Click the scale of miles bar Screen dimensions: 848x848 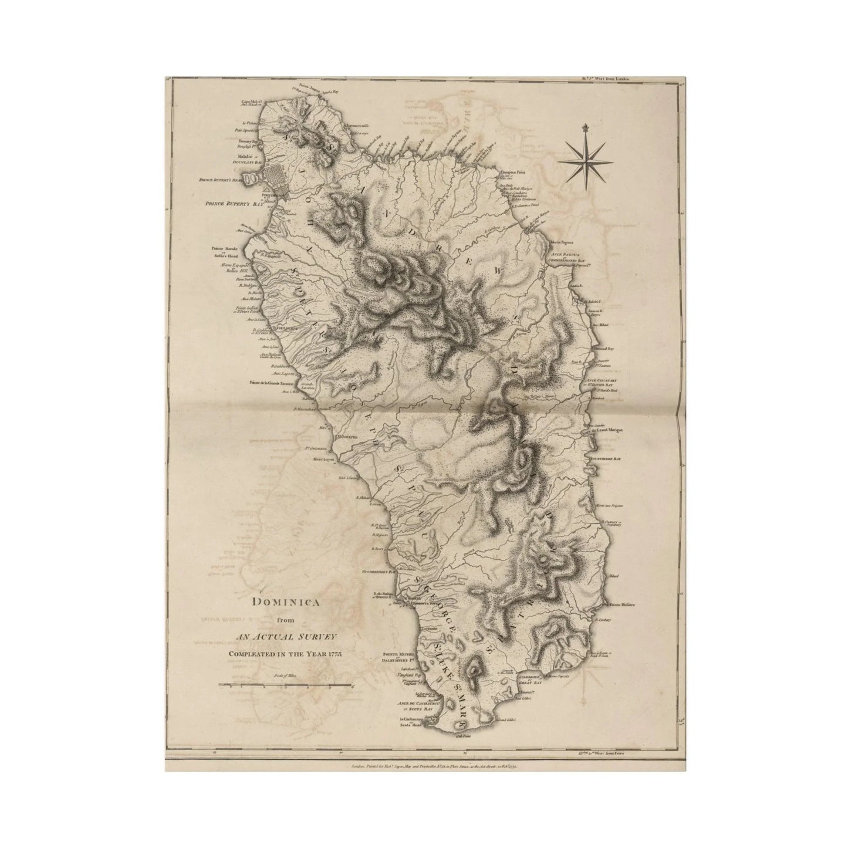pyautogui.click(x=285, y=685)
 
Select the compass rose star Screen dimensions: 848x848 pyautogui.click(x=585, y=160)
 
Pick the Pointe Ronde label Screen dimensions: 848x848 pyautogui.click(x=225, y=249)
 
